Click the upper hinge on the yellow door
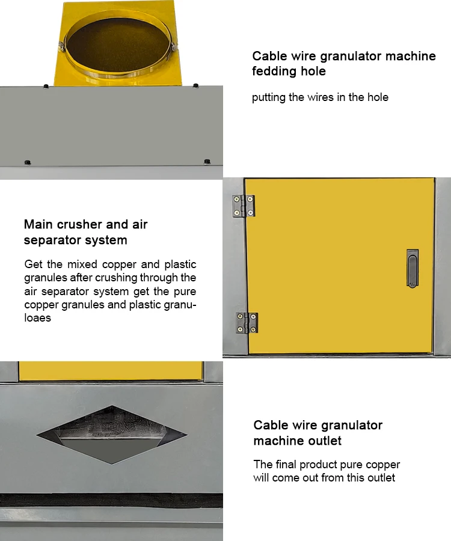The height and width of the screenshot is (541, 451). pos(244,206)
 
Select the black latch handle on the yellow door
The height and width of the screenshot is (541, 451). pos(412,268)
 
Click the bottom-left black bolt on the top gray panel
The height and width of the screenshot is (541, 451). pos(27,162)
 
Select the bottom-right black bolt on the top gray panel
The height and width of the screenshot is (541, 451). pos(207,161)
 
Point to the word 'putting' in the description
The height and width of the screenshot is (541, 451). pos(269,97)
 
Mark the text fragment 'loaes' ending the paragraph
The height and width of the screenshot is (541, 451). pos(37,318)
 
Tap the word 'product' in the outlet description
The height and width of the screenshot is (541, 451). pos(321,465)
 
